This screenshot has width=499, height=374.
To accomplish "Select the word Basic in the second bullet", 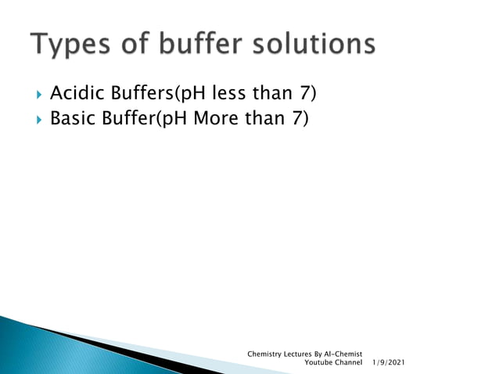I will (x=70, y=119).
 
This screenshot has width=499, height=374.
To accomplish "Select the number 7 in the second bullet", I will (x=299, y=119).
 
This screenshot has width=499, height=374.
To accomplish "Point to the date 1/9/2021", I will (x=389, y=364).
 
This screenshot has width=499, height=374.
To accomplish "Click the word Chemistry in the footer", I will (x=264, y=354).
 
